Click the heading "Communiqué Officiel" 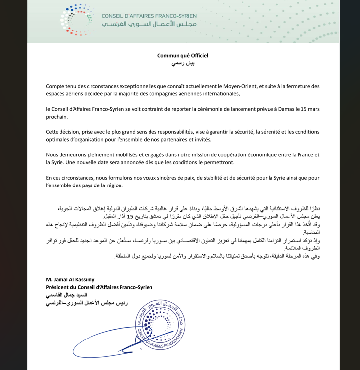click(x=182, y=56)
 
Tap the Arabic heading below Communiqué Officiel click(x=182, y=64)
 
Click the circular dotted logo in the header click(x=76, y=20)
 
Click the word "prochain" click(x=58, y=117)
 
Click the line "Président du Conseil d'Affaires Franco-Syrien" click(x=99, y=287)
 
